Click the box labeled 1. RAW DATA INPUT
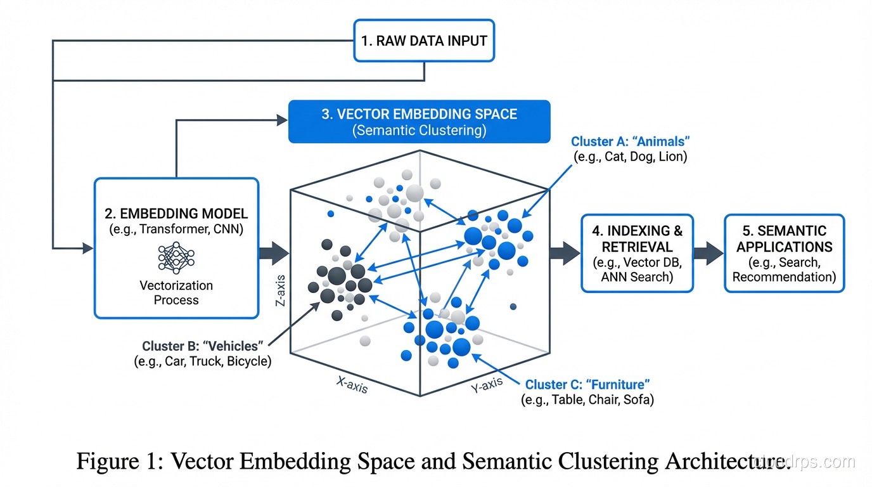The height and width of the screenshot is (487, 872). (x=423, y=41)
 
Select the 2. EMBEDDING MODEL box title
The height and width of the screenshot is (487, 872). (x=176, y=213)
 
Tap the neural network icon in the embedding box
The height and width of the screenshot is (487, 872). (x=176, y=257)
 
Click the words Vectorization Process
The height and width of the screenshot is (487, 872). (x=176, y=292)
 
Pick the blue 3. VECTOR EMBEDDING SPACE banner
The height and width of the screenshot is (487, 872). (x=419, y=122)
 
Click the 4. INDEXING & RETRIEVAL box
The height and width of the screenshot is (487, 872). (x=637, y=253)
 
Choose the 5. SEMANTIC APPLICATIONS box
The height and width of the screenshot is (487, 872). (x=784, y=253)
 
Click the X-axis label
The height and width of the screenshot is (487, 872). (x=351, y=383)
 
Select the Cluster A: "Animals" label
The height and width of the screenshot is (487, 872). (x=629, y=141)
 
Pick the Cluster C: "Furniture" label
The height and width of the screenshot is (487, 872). (x=587, y=384)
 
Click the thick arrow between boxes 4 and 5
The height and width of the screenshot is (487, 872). (x=708, y=253)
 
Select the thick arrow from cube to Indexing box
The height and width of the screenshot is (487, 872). (x=564, y=253)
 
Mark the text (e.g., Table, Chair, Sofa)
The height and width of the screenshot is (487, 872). (x=587, y=400)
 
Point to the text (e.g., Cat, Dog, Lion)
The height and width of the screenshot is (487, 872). (x=629, y=156)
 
